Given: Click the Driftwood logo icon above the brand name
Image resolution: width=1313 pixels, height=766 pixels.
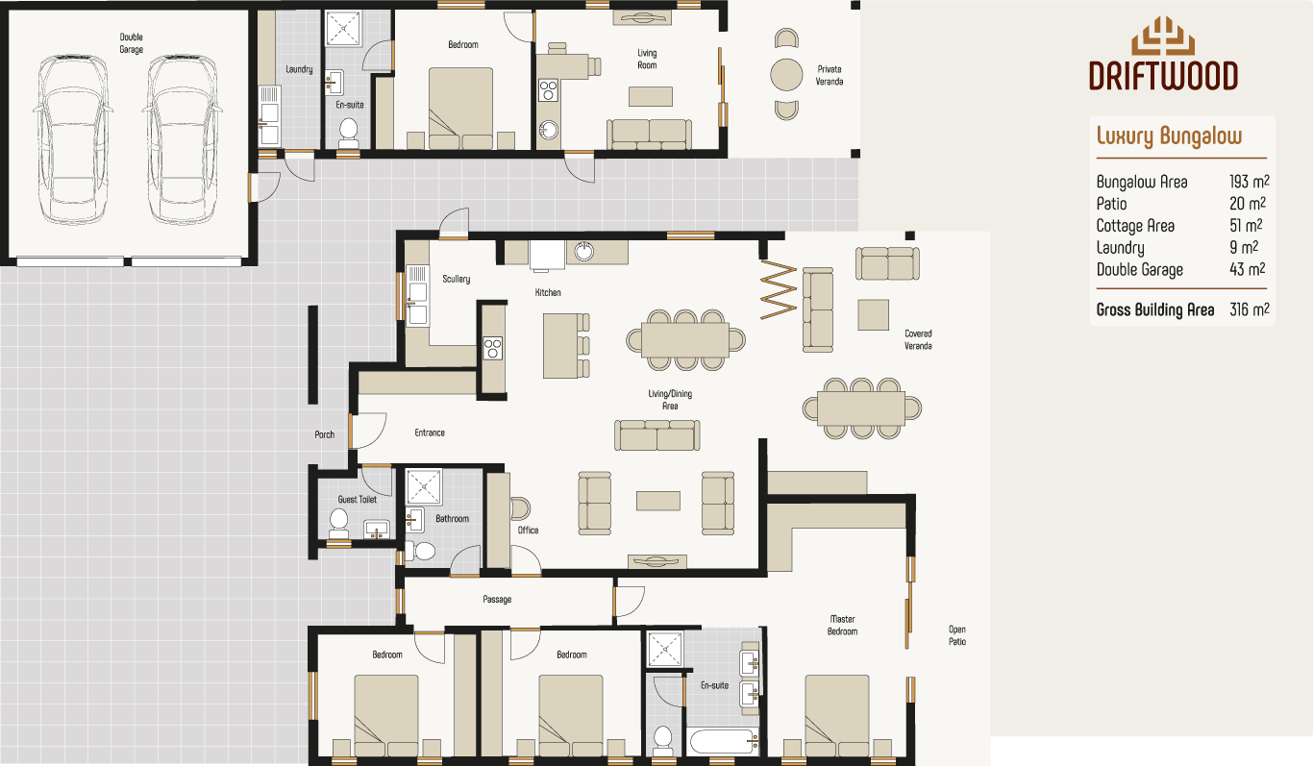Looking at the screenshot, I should (1163, 37).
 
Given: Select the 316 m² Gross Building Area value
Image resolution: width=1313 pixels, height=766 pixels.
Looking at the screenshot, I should (1249, 309).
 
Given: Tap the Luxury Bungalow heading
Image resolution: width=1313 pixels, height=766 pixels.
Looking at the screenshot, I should (1169, 136).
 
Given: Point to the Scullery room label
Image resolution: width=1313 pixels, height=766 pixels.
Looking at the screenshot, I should (456, 280).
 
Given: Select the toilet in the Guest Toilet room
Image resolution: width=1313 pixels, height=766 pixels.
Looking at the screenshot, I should (338, 521).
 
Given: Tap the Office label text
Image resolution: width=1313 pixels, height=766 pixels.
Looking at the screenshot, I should (528, 530).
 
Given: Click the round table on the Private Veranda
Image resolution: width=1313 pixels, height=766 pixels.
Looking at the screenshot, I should (786, 75).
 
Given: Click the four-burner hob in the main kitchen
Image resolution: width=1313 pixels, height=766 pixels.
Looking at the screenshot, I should (492, 347).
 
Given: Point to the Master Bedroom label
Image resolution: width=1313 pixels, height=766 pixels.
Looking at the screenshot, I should (842, 625).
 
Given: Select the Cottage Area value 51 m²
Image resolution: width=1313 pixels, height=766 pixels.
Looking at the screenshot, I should (1246, 226).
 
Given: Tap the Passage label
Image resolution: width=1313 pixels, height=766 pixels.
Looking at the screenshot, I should (497, 600).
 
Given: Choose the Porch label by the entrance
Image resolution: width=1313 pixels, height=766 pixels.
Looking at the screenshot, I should (325, 434).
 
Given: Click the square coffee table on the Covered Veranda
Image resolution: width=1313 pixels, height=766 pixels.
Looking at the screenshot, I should (874, 314).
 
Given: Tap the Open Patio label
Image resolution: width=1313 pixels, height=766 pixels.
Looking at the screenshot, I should (956, 635).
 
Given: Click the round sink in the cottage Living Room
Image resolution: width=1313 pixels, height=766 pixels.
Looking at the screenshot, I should (549, 131).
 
